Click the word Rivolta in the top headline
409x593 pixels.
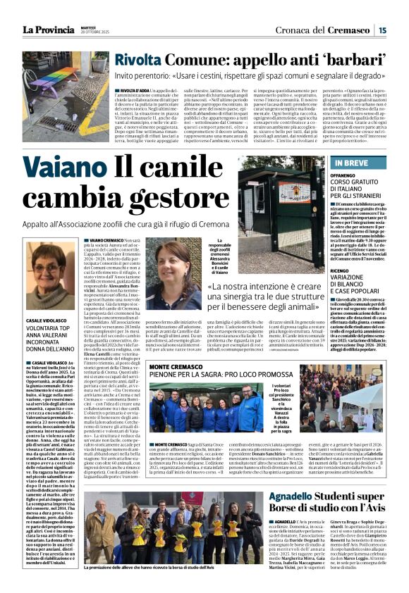140,61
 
